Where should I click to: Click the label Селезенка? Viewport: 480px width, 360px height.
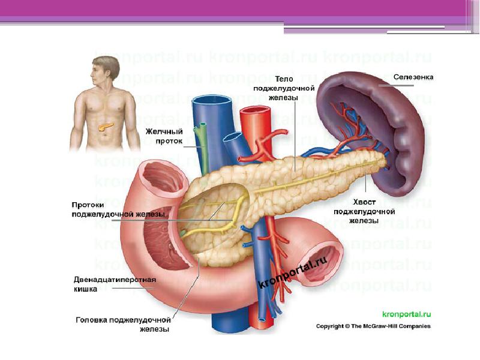(x=413, y=77)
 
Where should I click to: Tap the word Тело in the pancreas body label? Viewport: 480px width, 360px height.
(x=284, y=79)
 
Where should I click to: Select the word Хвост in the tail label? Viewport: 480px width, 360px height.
(x=364, y=202)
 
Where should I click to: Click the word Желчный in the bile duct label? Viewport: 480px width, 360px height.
(x=164, y=131)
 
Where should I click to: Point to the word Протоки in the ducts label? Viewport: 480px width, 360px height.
(x=88, y=205)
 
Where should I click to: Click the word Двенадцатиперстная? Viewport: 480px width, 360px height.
(x=115, y=280)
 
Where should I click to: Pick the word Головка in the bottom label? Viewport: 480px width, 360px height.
(x=91, y=320)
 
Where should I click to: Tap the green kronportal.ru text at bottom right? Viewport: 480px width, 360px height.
(x=407, y=314)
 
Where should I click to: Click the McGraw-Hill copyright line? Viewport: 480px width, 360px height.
(x=373, y=326)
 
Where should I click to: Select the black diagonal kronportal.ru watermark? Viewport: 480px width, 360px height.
(x=293, y=272)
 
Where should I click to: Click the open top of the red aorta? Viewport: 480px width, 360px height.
(x=256, y=110)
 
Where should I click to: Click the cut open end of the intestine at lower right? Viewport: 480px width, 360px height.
(x=324, y=263)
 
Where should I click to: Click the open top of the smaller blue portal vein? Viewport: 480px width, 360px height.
(x=233, y=137)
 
